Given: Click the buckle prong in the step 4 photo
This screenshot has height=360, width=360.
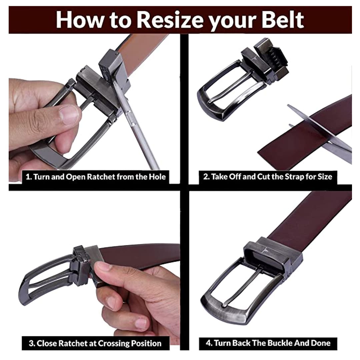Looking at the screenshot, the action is pyautogui.click(x=243, y=288).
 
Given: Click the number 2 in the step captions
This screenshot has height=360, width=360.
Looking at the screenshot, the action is pyautogui.click(x=205, y=177).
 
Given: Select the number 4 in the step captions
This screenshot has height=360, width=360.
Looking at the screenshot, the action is pyautogui.click(x=208, y=343).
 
